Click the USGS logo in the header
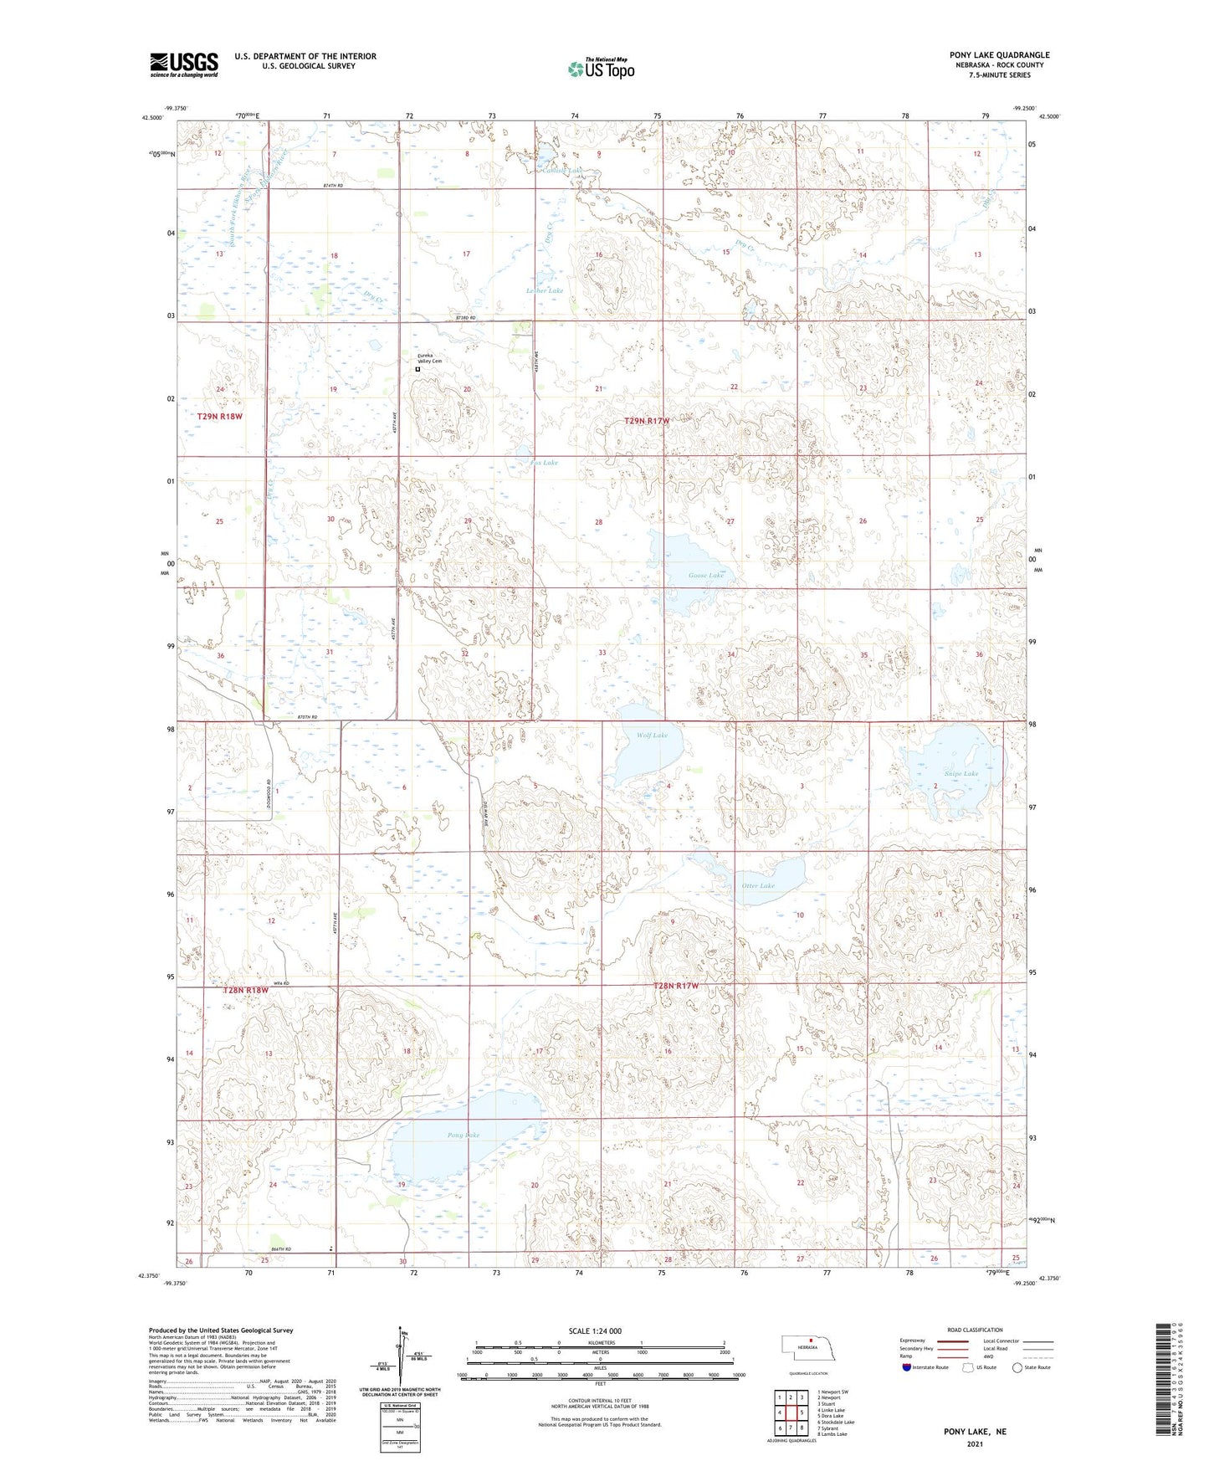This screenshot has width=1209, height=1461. pyautogui.click(x=183, y=64)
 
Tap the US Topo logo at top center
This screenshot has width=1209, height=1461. pyautogui.click(x=601, y=69)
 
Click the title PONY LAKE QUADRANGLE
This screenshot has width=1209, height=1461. pyautogui.click(x=999, y=55)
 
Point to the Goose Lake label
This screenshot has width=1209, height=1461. pyautogui.click(x=705, y=576)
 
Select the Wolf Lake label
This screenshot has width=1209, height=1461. pyautogui.click(x=652, y=736)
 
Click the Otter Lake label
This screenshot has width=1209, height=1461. pyautogui.click(x=758, y=885)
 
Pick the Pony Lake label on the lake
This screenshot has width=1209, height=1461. pyautogui.click(x=464, y=1135)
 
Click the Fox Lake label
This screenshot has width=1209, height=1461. pyautogui.click(x=544, y=463)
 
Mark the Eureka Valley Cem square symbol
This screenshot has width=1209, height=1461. pyautogui.click(x=418, y=369)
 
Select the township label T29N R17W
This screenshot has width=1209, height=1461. pyautogui.click(x=647, y=421)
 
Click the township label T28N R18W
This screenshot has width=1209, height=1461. pyautogui.click(x=246, y=991)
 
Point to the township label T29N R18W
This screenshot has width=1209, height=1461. pyautogui.click(x=220, y=416)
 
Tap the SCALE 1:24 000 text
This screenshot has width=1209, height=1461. pyautogui.click(x=595, y=1331)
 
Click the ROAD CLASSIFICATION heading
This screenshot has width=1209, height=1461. pyautogui.click(x=975, y=1330)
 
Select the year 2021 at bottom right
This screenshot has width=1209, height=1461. pyautogui.click(x=975, y=1443)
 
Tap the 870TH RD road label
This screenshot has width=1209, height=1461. pyautogui.click(x=308, y=717)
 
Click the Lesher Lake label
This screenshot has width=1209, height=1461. pyautogui.click(x=544, y=290)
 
